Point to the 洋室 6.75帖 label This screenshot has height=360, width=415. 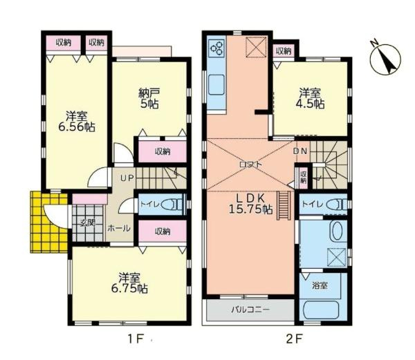129,283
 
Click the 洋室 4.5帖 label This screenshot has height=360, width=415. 311,97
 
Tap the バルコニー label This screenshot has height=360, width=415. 250,310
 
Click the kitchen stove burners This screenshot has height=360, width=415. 216,48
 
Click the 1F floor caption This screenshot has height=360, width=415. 134,339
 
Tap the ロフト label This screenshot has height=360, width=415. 250,164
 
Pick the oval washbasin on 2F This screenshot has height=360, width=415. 337,231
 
